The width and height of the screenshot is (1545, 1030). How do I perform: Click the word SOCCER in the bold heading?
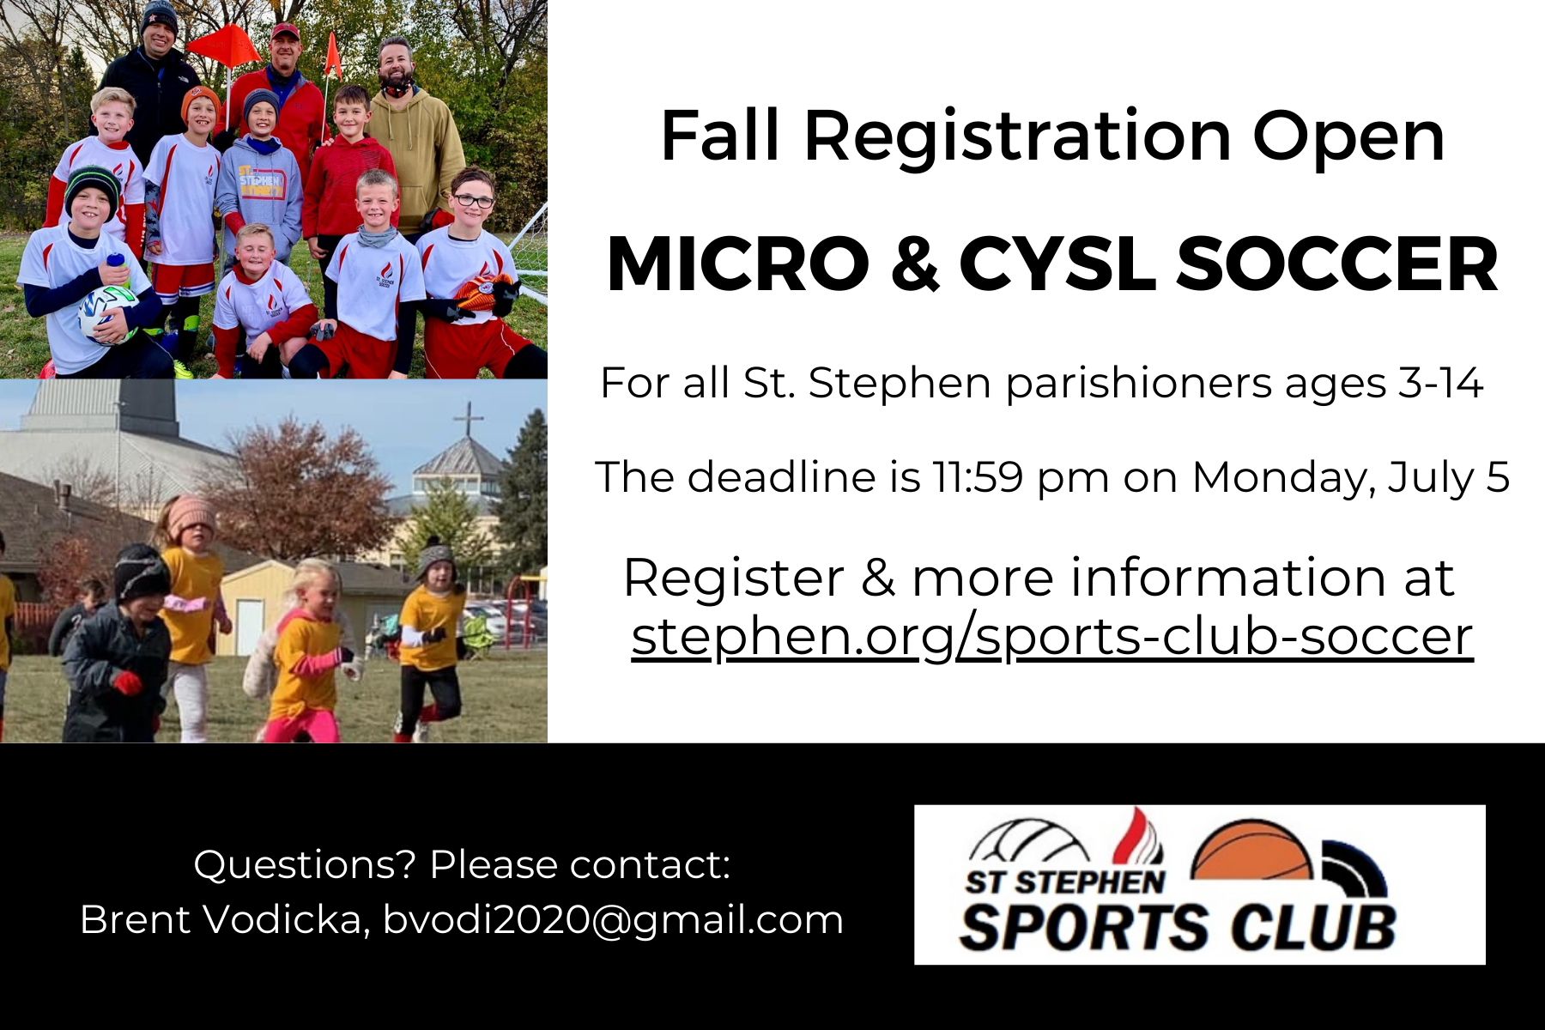pyautogui.click(x=1337, y=264)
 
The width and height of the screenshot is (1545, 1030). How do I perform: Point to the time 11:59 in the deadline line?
pyautogui.click(x=978, y=476)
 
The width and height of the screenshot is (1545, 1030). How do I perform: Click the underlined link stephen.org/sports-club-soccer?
pyautogui.click(x=1052, y=638)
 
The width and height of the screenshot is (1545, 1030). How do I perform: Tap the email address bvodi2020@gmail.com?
pyautogui.click(x=613, y=920)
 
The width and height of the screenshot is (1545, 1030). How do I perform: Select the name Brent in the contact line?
pyautogui.click(x=134, y=919)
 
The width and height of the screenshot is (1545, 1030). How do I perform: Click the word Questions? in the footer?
pyautogui.click(x=305, y=864)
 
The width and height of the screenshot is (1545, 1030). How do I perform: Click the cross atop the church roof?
pyautogui.click(x=469, y=419)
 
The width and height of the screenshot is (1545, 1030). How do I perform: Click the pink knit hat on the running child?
pyautogui.click(x=191, y=516)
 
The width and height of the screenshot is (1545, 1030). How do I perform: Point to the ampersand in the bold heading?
pyautogui.click(x=915, y=264)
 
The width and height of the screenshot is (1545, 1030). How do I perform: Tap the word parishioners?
pyautogui.click(x=1138, y=384)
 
